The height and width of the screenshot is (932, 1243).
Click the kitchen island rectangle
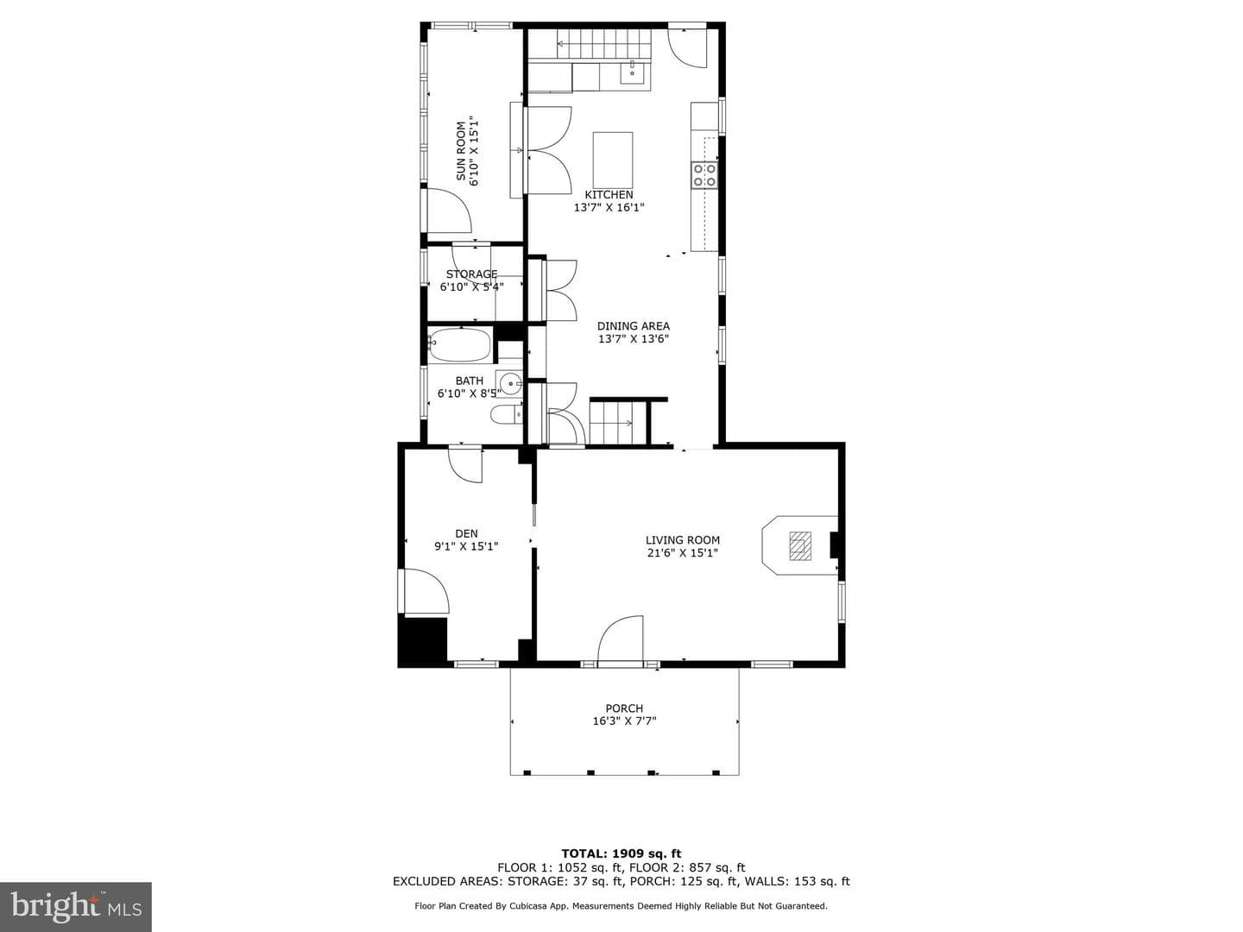pyautogui.click(x=613, y=155)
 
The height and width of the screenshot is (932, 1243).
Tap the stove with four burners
pyautogui.click(x=704, y=175)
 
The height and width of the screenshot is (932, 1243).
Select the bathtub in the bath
pyautogui.click(x=459, y=344)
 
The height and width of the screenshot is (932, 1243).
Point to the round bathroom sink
pyautogui.click(x=509, y=384)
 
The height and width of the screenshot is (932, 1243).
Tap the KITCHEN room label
pyautogui.click(x=609, y=195)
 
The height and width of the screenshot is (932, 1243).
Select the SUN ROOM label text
pyautogui.click(x=461, y=151)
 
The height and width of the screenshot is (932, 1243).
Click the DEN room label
pyautogui.click(x=467, y=533)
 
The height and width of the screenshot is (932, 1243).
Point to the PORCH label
pyautogui.click(x=624, y=708)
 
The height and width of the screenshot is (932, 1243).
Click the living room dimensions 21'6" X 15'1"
pyautogui.click(x=683, y=553)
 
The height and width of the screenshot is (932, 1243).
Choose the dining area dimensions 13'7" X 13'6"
pyautogui.click(x=634, y=339)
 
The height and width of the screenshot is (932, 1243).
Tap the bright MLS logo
pyautogui.click(x=76, y=906)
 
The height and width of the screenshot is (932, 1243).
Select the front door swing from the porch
pyautogui.click(x=621, y=638)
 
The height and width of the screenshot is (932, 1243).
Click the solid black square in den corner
pyautogui.click(x=422, y=642)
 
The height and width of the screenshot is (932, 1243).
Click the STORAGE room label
pyautogui.click(x=471, y=274)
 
